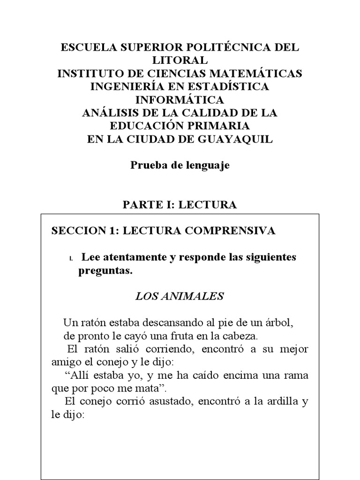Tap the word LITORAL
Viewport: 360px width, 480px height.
click(x=180, y=60)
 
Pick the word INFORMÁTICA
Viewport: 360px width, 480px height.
click(x=180, y=100)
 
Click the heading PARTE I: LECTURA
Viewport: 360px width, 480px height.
click(x=180, y=204)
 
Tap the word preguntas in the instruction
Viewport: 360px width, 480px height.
click(x=105, y=271)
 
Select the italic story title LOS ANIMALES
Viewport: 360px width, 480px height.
click(x=180, y=296)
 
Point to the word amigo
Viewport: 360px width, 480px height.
click(x=64, y=362)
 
